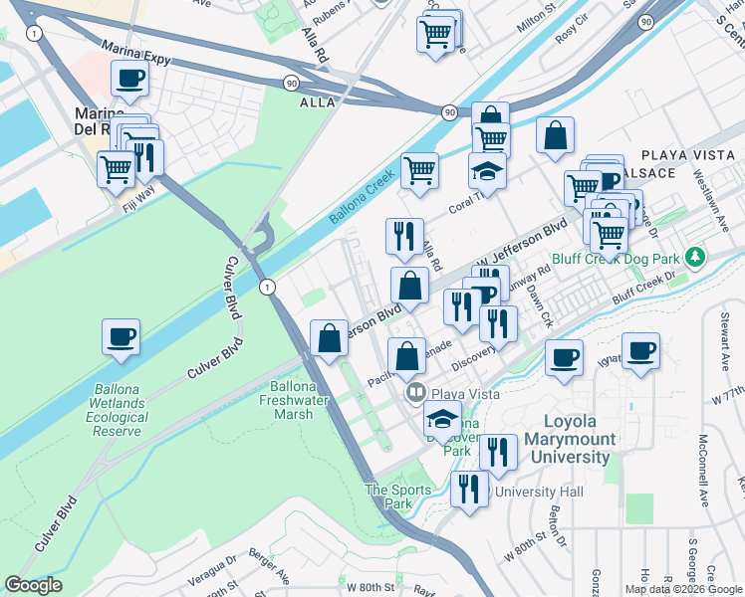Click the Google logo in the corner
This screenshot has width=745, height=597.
click(33, 585)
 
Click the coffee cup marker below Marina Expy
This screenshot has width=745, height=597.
click(129, 78)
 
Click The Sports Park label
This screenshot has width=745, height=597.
click(398, 497)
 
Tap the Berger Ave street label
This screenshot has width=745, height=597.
click(268, 567)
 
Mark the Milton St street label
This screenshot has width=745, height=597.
click(524, 29)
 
